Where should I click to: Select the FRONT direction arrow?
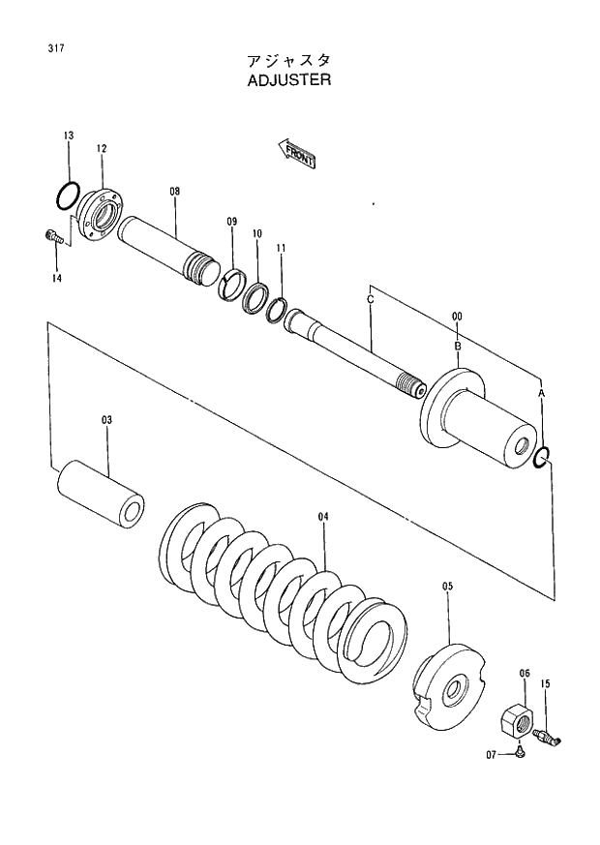pos(297,154)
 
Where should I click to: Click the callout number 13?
pos(68,136)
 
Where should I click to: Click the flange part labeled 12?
pos(103,214)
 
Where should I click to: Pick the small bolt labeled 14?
pos(53,235)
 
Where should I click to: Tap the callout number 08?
pos(174,192)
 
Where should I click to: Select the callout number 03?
pos(106,420)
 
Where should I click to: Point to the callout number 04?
pos(323,517)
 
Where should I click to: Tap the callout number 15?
pos(546,684)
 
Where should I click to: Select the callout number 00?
pos(457,317)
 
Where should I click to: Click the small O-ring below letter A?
pos(543,458)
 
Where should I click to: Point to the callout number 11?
pos(281,249)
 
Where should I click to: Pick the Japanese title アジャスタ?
pos(289,59)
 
